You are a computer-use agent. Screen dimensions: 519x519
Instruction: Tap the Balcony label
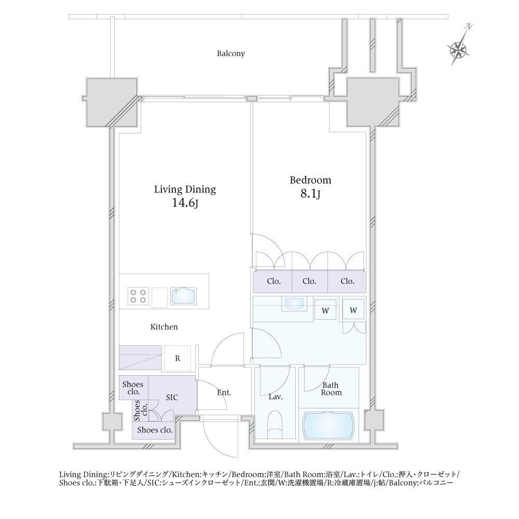point(231,53)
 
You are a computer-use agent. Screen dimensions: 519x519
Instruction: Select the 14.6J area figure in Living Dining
point(185,203)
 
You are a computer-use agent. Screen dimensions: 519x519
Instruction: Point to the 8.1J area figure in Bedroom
point(310,194)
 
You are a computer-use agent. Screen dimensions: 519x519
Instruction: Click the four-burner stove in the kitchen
point(138,296)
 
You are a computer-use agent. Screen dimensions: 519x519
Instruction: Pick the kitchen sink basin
point(183,296)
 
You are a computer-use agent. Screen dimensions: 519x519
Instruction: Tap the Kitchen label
point(164,327)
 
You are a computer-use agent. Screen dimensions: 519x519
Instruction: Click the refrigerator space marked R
point(177,358)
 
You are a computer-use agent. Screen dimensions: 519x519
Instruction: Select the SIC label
point(172,397)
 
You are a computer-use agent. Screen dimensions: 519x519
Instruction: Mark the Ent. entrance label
point(224,392)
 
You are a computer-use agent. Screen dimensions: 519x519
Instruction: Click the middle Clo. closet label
point(309,281)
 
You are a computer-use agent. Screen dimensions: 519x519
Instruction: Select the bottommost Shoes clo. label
point(155,430)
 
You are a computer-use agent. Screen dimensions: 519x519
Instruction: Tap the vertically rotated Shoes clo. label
point(140,410)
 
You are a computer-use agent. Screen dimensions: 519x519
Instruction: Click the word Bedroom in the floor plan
point(310,180)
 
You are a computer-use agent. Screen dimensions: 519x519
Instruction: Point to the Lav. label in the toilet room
point(276,397)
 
